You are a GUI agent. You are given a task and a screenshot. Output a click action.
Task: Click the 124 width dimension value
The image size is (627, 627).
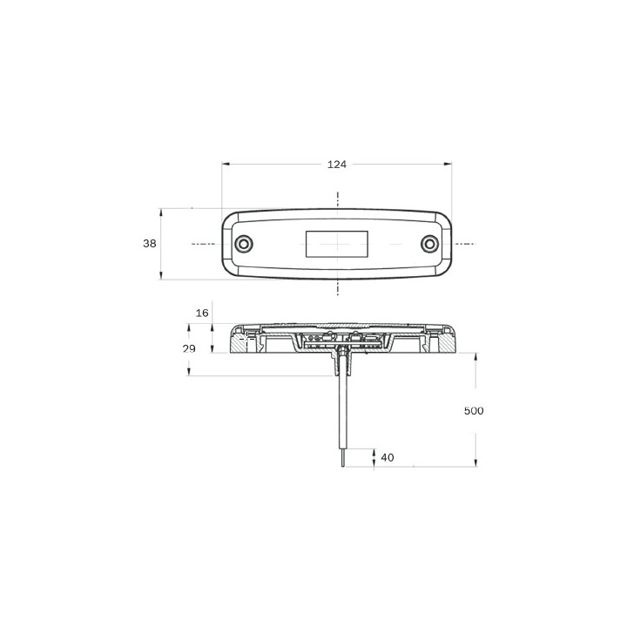coord(337,165)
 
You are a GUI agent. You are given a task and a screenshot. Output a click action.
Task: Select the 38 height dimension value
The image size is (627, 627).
coord(150,243)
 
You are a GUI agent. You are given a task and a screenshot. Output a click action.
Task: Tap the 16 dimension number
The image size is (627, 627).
coord(202,313)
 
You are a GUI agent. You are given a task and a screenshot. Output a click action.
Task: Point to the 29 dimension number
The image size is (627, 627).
coord(189,348)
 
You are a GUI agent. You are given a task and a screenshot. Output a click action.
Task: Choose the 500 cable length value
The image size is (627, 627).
coord(474,411)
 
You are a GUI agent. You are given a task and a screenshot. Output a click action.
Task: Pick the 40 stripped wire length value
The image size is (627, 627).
coord(388,457)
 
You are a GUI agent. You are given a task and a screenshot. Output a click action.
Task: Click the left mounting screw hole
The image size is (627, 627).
coord(244,244)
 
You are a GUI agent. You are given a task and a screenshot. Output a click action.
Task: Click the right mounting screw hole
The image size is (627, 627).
coord(430,244)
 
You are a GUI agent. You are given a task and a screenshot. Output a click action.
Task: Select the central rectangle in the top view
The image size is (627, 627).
coord(337,244)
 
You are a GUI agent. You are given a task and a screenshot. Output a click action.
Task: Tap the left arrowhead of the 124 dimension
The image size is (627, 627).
coord(226,164)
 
